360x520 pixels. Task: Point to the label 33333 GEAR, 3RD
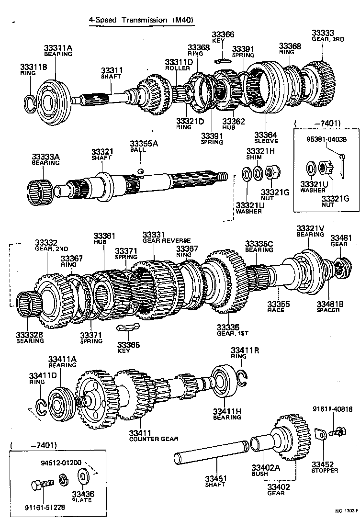328,36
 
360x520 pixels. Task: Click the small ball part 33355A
140,171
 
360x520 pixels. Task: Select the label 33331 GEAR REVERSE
166,237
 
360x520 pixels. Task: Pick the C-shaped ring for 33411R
243,377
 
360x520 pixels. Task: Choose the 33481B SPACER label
328,306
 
